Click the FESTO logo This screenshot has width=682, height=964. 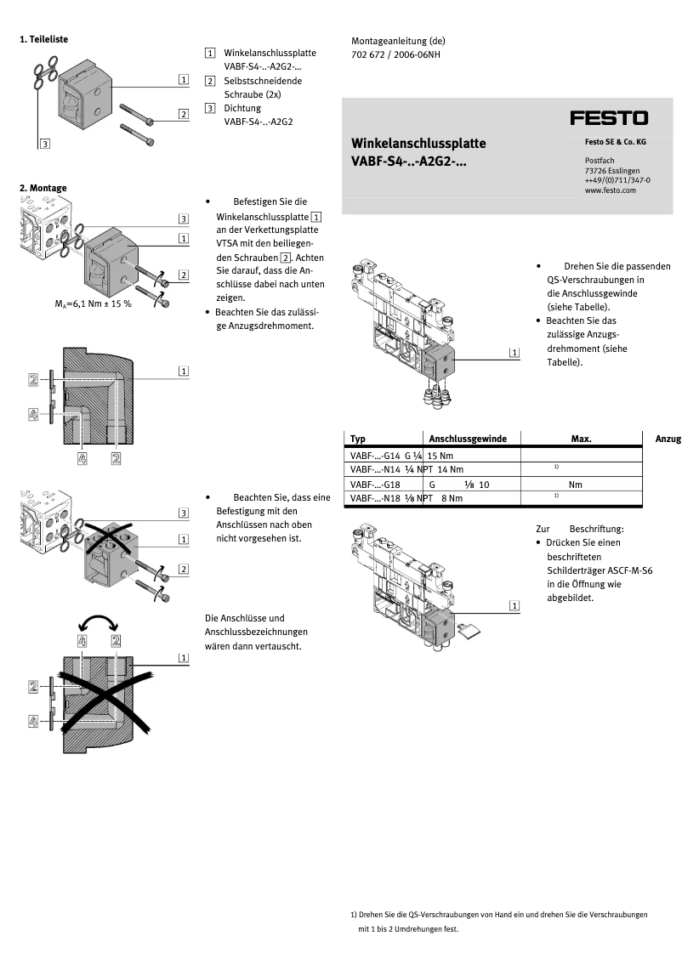pos(608,118)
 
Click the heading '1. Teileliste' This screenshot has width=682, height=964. pos(43,39)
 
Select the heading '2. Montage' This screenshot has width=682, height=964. pos(43,188)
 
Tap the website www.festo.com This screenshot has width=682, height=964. pos(610,191)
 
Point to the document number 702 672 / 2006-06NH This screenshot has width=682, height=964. pos(395,54)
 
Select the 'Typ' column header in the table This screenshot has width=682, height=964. pos(358,439)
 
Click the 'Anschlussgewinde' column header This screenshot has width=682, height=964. pos(468,439)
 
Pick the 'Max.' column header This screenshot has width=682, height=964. pos(581,439)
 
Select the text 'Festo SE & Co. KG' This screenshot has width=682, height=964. pos(615,142)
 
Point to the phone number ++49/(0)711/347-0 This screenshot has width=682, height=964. pos(617,181)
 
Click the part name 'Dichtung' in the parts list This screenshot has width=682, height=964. pos(242,108)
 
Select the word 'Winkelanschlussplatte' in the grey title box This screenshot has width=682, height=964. pos(418,143)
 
